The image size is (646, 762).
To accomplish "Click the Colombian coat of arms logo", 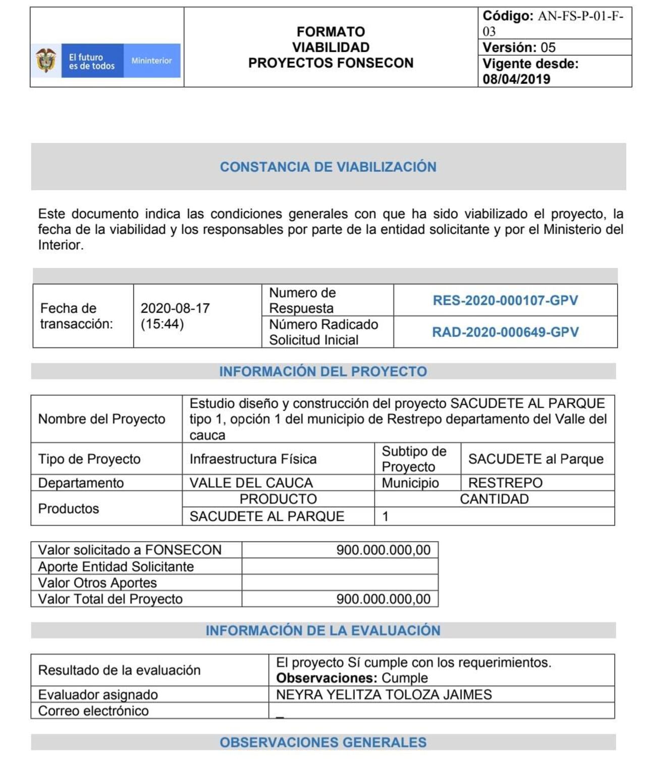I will [46, 60].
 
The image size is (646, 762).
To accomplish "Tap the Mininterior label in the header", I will [151, 61].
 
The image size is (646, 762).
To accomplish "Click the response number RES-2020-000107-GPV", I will [505, 300].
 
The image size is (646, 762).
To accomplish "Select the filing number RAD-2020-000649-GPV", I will [505, 332].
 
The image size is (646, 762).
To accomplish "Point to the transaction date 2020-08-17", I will [175, 308].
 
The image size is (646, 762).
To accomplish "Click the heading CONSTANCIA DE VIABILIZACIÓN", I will [328, 167].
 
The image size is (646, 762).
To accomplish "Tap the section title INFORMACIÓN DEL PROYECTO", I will [323, 371].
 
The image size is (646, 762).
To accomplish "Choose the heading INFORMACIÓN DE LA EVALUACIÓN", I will [323, 630].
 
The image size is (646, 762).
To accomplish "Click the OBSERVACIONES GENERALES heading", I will [323, 742].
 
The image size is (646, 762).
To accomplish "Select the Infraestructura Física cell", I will [253, 459].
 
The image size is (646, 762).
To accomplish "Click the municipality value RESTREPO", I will [505, 483].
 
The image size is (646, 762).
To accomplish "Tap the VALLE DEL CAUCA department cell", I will [251, 483].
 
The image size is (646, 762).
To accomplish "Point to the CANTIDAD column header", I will [494, 499].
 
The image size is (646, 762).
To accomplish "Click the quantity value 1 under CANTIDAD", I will [386, 517].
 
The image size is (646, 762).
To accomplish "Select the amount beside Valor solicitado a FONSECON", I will [383, 550].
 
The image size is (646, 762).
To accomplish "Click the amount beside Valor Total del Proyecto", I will [383, 599].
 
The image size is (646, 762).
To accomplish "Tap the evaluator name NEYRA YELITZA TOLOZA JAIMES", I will [384, 695].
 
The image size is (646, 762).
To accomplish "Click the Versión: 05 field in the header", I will [519, 47].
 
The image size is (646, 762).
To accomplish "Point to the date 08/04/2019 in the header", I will [516, 79].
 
